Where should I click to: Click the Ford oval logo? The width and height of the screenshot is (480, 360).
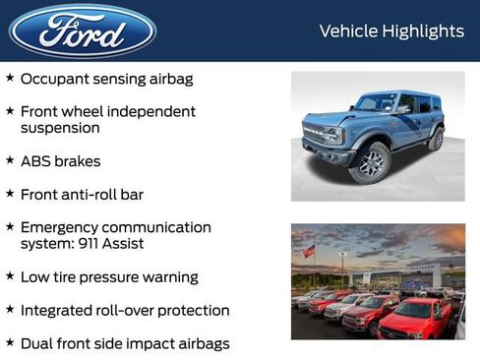click(x=83, y=30)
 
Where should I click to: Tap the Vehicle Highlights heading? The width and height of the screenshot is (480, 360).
click(x=391, y=31)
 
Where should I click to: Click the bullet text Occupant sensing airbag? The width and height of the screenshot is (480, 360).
click(x=106, y=78)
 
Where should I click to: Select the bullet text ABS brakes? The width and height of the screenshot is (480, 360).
click(x=60, y=160)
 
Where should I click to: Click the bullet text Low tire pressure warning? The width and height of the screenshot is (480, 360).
click(x=108, y=277)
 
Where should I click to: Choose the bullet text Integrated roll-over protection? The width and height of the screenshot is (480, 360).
click(x=124, y=311)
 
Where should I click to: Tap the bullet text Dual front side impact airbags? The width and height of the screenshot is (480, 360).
click(x=124, y=343)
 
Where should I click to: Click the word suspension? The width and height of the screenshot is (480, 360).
click(x=60, y=128)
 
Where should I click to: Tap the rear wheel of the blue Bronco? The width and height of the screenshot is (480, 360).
click(x=436, y=139)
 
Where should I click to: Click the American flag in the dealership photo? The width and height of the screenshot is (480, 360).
click(x=309, y=252)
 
